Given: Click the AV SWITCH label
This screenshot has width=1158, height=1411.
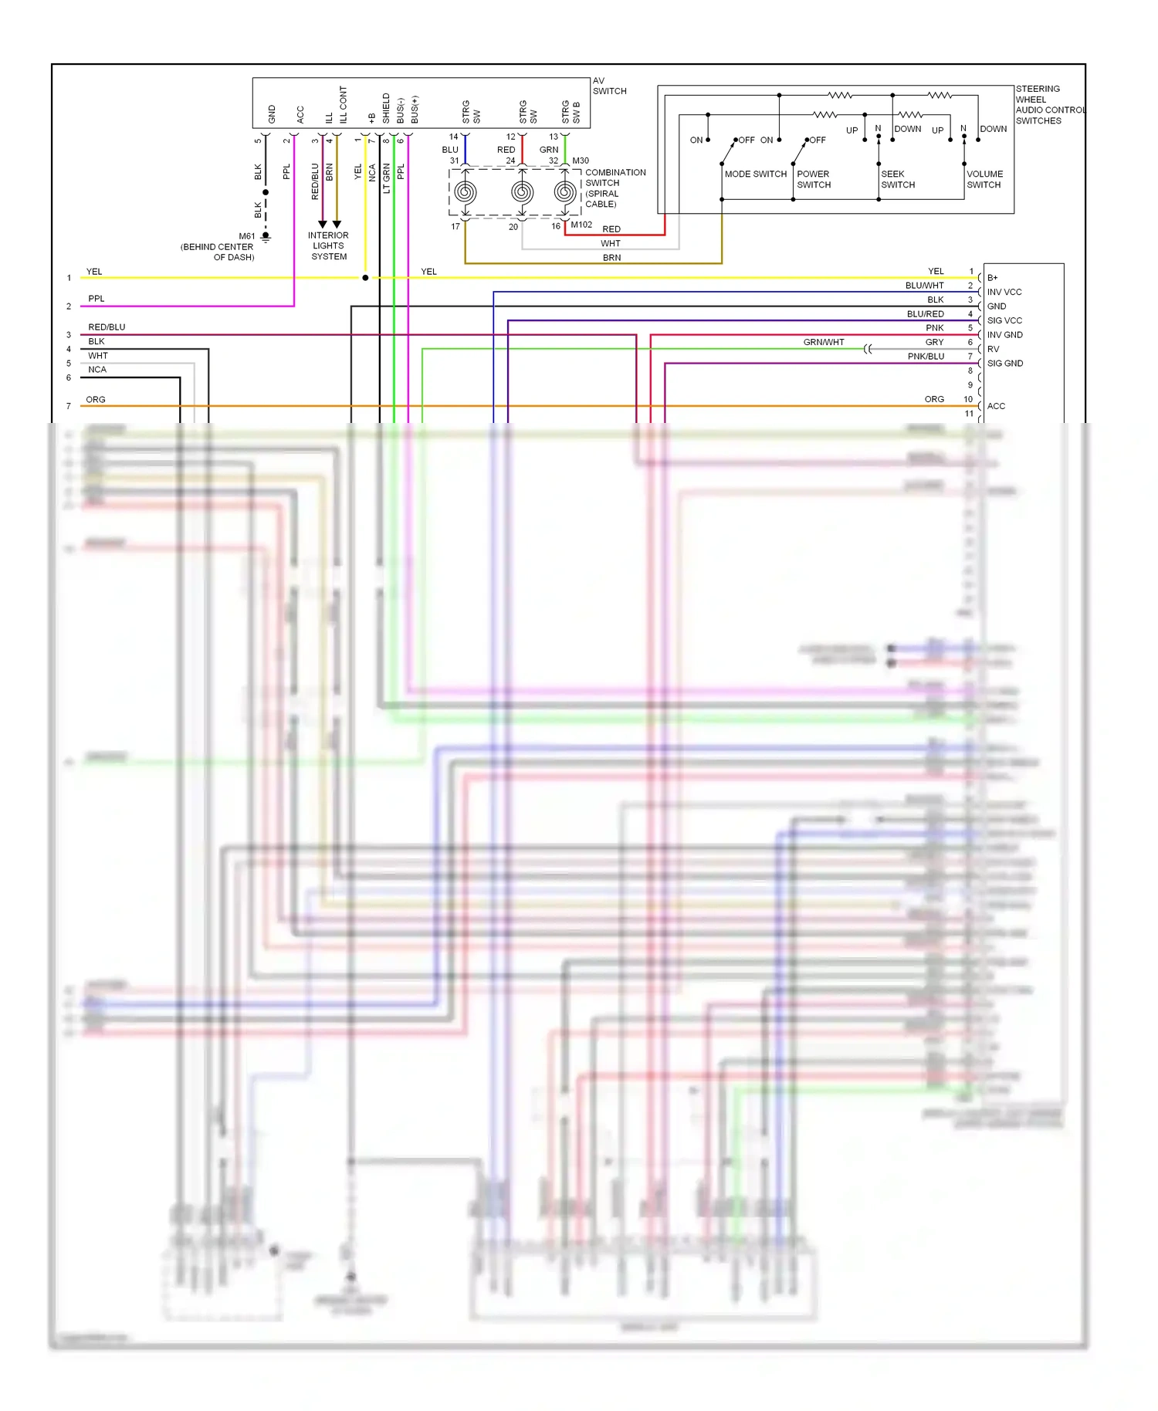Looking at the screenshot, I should (609, 86).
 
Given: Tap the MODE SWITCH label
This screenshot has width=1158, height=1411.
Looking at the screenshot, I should (755, 174).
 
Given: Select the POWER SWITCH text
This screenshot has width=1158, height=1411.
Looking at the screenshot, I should (814, 179).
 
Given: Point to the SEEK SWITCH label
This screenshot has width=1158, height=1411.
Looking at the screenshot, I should (898, 179).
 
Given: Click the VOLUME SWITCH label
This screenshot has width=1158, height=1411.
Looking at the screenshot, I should (984, 179).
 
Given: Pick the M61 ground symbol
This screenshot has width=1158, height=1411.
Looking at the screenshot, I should (266, 237).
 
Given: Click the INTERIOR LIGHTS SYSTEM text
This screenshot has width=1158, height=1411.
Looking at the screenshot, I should (328, 246).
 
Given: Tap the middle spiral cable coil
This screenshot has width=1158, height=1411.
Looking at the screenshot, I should (522, 192).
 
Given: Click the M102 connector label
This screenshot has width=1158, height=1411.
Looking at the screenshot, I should (581, 225).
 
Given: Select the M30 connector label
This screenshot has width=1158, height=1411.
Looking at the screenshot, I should (581, 161).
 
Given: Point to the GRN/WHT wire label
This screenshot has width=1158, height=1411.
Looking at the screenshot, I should (823, 342).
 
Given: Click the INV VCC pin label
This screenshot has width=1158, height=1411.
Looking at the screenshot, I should (1004, 292).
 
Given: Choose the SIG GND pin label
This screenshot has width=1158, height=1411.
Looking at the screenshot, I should (1004, 363).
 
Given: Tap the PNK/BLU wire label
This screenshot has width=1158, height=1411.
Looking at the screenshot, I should (926, 356).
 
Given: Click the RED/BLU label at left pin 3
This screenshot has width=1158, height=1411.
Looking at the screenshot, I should (107, 327).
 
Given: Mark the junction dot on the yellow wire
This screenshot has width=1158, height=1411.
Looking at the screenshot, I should (365, 278).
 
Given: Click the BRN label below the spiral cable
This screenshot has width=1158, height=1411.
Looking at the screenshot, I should (611, 258).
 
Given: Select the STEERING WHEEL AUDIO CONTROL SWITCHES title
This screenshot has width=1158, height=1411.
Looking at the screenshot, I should (1048, 105).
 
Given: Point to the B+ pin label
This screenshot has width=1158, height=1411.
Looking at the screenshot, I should (992, 278).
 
